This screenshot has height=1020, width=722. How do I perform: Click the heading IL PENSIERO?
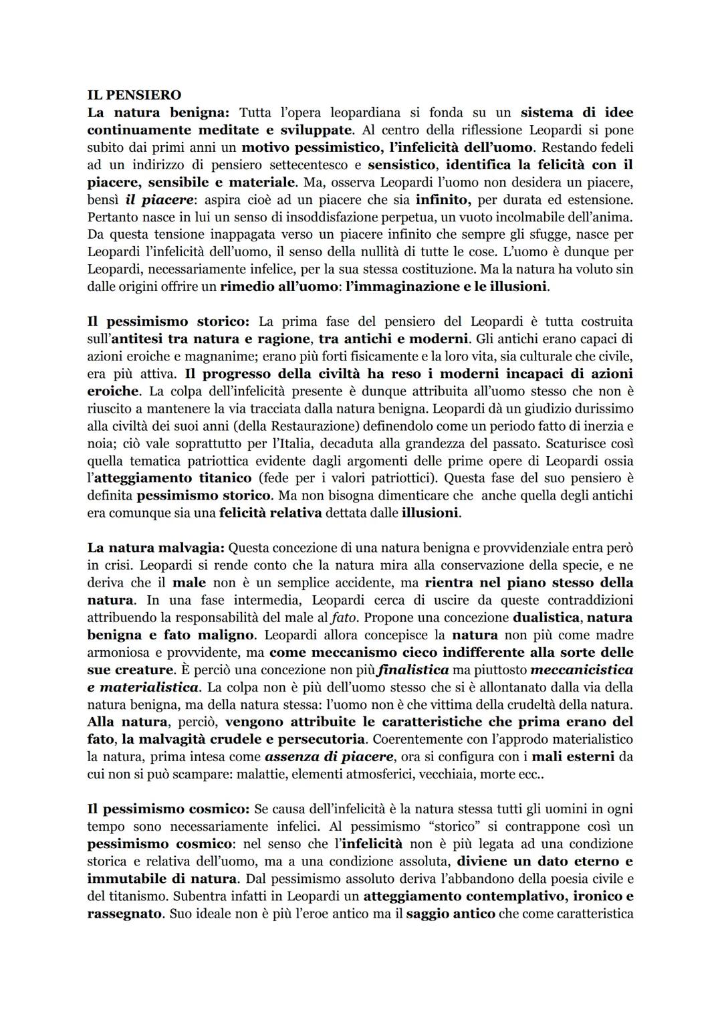[134, 95]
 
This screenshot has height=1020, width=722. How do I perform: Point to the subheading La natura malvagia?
[156, 548]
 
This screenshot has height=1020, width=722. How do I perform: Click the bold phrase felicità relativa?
[271, 512]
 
